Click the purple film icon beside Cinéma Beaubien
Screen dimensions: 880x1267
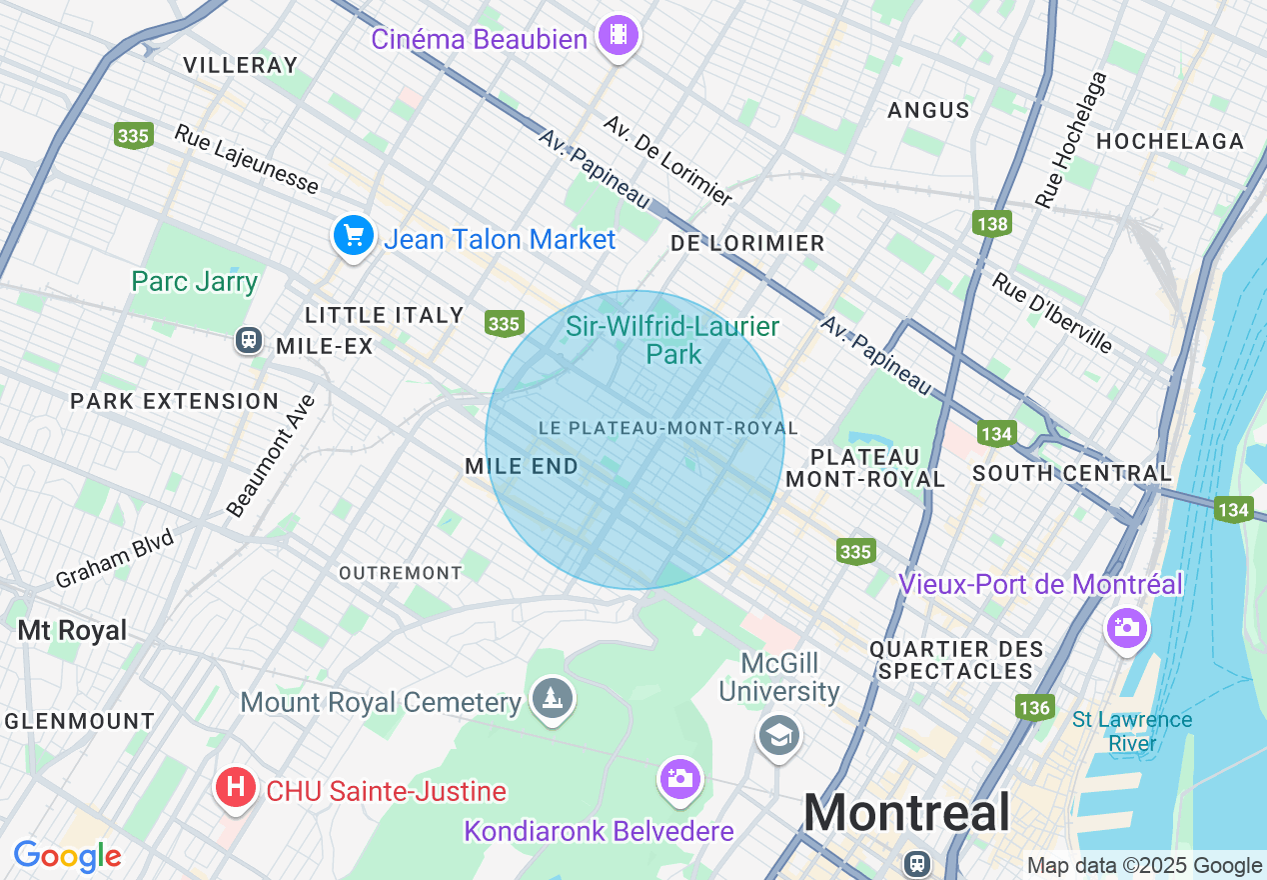[618, 36]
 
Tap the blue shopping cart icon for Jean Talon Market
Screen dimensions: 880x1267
[353, 237]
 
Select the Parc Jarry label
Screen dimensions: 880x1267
[195, 282]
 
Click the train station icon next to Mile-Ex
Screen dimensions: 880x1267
[248, 340]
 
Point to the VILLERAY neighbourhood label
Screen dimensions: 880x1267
[241, 65]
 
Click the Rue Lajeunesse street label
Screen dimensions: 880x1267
[247, 159]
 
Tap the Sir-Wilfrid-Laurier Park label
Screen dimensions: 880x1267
[672, 340]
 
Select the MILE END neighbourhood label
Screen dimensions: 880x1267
[522, 466]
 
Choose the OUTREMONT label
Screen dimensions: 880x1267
[400, 573]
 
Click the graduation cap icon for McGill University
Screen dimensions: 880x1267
[778, 735]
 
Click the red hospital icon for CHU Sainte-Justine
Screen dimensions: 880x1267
[236, 787]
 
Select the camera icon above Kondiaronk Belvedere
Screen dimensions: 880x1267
[679, 778]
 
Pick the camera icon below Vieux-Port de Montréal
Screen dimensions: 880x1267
[1126, 627]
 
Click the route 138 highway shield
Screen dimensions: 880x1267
[992, 223]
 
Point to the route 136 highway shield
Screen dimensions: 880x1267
[1034, 708]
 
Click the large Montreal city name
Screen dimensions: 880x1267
[906, 813]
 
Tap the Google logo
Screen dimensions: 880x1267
[67, 856]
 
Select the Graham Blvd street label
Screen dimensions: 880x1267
[114, 559]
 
